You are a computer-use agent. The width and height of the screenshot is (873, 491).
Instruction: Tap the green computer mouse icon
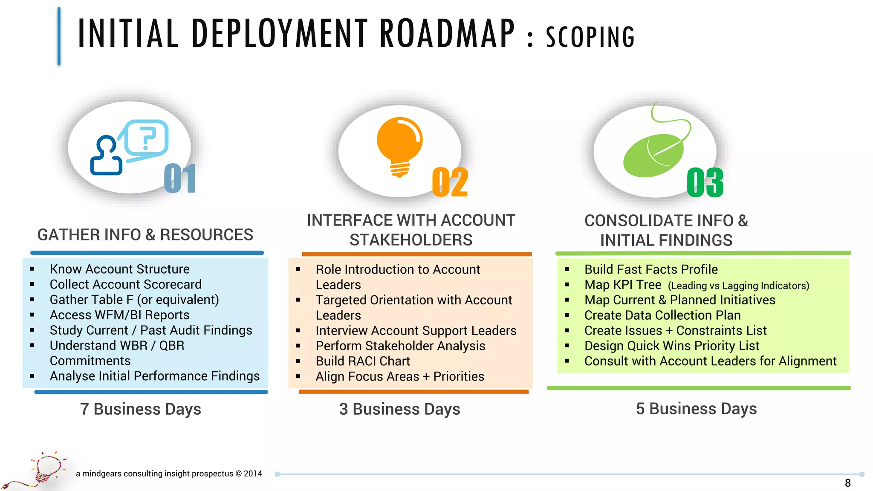coord(653,154)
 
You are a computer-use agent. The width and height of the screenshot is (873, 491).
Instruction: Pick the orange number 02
coord(450,182)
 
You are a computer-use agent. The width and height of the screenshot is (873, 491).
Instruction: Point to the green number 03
coord(705,182)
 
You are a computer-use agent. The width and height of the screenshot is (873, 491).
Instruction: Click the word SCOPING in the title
coord(590,37)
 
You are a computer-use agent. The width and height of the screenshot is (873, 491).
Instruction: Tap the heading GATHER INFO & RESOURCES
coord(145,235)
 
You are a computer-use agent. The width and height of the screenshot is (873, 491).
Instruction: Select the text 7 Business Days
coord(141,409)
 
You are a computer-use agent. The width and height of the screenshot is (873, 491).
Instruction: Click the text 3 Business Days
coord(399,409)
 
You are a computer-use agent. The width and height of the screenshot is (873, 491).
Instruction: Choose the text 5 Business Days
coord(696,408)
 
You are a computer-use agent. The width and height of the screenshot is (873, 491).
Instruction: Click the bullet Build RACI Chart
coord(363,361)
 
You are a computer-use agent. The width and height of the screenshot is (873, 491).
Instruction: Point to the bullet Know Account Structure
coord(119,269)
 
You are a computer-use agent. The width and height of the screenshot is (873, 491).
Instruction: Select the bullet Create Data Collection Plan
coord(662,315)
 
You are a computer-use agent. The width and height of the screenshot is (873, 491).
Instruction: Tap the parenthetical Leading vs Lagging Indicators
coord(738,286)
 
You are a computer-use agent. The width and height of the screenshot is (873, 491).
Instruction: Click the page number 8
coord(848,483)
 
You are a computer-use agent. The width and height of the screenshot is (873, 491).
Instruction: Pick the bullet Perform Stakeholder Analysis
coord(400,346)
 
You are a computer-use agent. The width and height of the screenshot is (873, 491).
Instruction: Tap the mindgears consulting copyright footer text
coord(169,474)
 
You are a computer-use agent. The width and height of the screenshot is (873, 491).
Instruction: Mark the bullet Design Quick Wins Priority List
coord(672,346)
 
